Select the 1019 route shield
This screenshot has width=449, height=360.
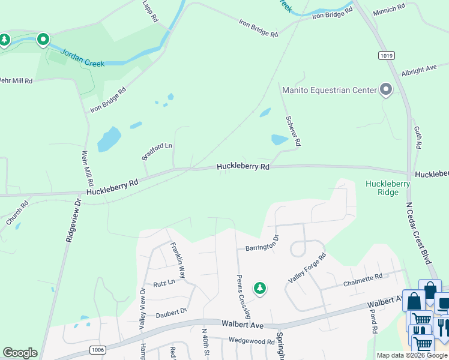387,55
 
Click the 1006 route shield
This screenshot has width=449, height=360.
98,349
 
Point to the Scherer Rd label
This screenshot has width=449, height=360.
293,131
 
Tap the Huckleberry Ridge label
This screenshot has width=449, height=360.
388,188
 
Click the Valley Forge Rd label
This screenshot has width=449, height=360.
306,268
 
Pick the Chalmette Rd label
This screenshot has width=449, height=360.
363,280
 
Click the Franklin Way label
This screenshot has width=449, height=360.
178,256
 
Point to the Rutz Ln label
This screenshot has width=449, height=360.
164,282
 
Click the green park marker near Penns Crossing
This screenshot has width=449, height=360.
260,289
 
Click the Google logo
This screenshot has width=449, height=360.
20,353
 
